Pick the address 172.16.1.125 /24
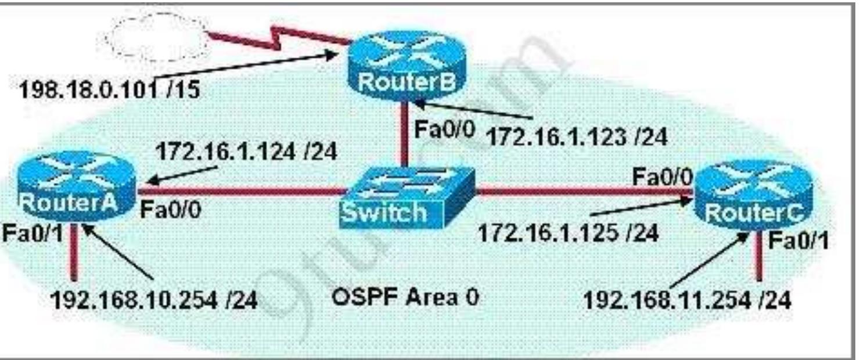point(567,233)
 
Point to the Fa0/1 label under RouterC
point(798,241)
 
